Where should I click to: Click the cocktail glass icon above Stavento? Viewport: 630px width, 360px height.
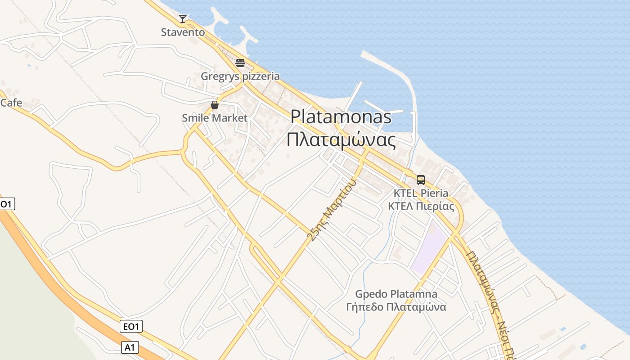[x=183, y=18]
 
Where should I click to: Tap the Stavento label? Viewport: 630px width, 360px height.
[x=183, y=32]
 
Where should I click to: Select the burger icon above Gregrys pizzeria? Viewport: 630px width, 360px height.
[x=240, y=63]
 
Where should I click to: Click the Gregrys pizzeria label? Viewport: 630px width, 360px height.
[x=240, y=76]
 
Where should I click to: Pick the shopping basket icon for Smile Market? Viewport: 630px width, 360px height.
[x=215, y=105]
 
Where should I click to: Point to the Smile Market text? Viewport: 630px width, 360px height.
[x=215, y=118]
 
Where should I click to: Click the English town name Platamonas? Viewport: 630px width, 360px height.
[x=341, y=117]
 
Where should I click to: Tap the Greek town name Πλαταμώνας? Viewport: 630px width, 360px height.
[x=341, y=140]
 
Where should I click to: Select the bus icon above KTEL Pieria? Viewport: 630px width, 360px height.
[x=421, y=180]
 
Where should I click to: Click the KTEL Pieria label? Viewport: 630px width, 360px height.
[x=421, y=193]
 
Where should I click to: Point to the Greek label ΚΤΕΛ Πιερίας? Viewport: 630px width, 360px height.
[x=421, y=207]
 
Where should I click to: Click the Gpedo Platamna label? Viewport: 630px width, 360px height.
[x=396, y=294]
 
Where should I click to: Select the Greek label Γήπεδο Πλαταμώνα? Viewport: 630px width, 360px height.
[x=396, y=307]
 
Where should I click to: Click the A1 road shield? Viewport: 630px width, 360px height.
[x=130, y=347]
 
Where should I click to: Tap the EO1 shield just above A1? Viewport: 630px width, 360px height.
[x=131, y=326]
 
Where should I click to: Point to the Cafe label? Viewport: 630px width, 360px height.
[x=11, y=103]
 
